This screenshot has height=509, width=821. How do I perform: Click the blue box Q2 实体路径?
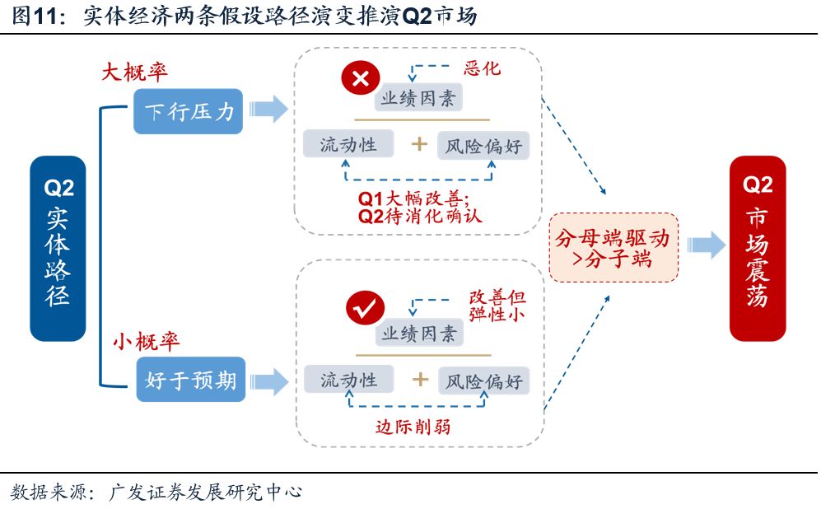(x=58, y=248)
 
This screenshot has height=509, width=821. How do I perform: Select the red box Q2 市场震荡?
(x=758, y=248)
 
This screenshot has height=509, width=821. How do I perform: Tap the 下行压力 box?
(x=189, y=111)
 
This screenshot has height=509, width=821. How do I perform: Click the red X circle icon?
(x=361, y=79)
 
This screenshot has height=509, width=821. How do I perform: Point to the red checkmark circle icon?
(x=363, y=308)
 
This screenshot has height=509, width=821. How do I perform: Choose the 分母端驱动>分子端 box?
(x=613, y=248)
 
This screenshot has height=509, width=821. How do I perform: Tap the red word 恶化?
(x=482, y=68)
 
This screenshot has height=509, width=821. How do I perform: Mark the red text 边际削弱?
(x=413, y=427)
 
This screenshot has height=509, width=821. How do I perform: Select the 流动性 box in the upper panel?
(x=348, y=145)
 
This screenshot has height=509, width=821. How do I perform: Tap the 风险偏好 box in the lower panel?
(x=484, y=381)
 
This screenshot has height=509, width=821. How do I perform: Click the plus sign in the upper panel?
(x=420, y=145)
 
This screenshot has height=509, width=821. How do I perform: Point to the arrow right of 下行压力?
(x=268, y=110)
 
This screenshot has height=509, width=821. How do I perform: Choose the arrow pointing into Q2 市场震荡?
(x=706, y=245)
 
